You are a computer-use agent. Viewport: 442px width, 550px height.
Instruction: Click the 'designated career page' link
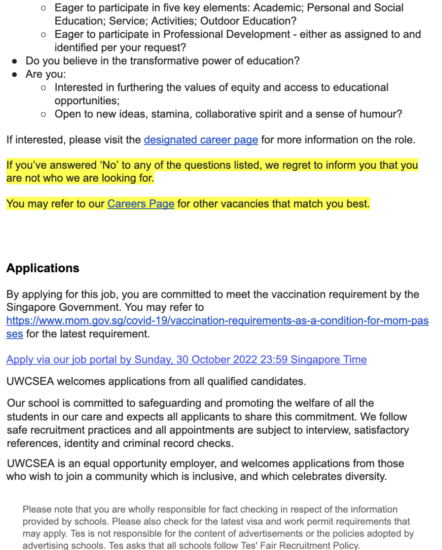[201, 140]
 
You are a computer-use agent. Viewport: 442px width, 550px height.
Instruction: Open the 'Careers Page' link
[141, 204]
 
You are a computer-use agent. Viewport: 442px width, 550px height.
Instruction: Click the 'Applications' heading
[43, 268]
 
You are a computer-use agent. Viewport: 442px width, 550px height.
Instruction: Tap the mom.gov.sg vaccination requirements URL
[217, 321]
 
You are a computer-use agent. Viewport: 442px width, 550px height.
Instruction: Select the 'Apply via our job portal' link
[186, 360]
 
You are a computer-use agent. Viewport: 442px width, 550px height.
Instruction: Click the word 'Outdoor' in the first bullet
[220, 21]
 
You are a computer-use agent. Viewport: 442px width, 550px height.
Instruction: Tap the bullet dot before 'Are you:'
[15, 75]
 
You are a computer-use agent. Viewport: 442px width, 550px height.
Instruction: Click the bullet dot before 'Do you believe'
[15, 61]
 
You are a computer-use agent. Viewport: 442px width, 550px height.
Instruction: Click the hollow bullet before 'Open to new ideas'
[44, 114]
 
